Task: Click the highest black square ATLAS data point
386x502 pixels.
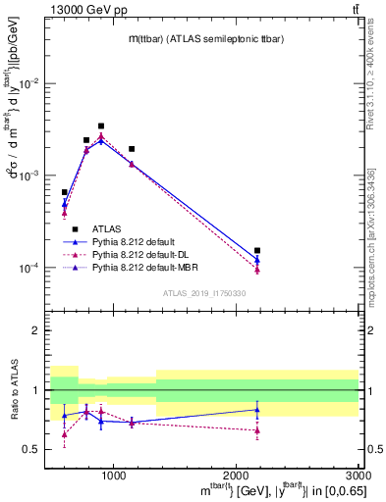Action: click(101, 126)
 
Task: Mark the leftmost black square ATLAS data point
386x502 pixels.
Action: click(65, 193)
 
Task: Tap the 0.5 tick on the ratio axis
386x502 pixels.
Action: click(35, 449)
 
